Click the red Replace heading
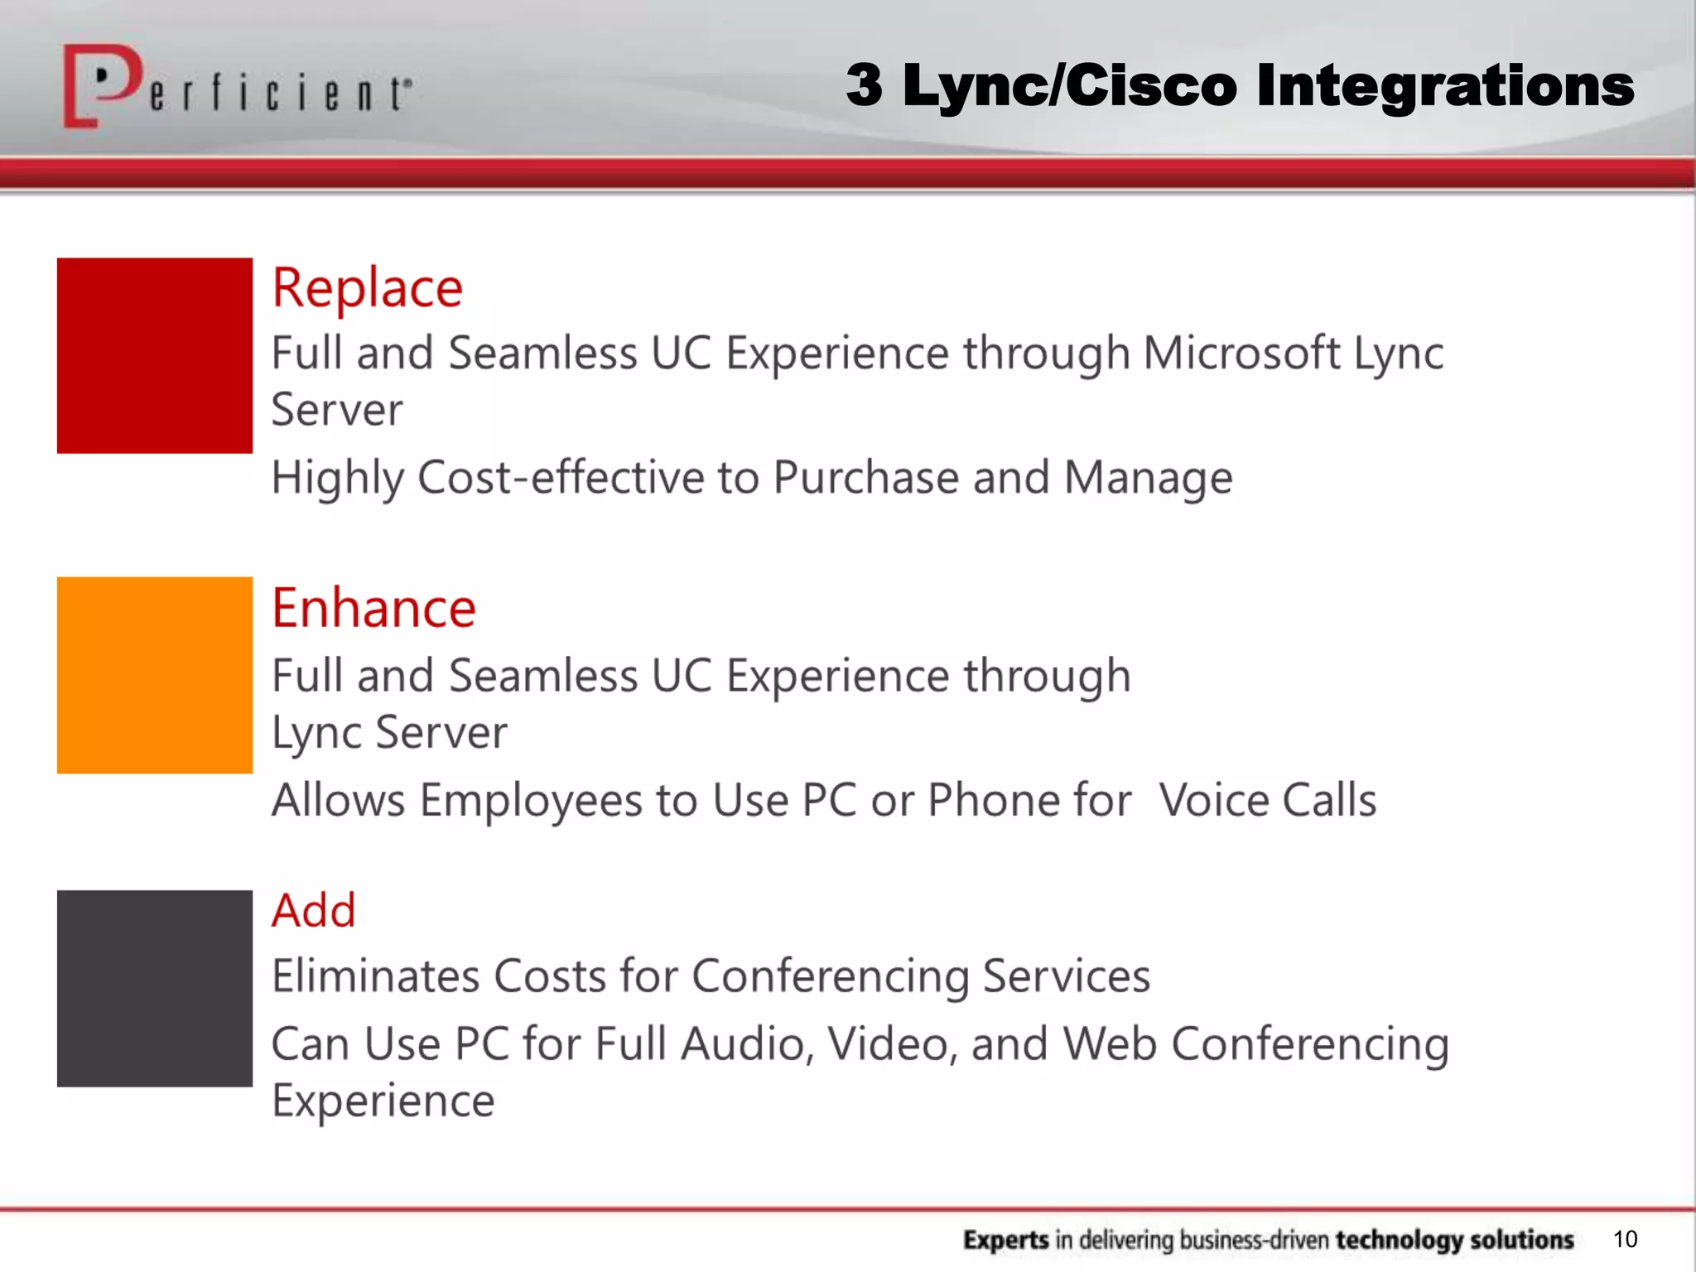click(x=367, y=289)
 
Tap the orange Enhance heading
click(x=373, y=609)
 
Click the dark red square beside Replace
click(x=155, y=355)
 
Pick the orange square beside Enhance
click(x=155, y=675)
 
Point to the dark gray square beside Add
click(x=155, y=988)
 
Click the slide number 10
click(x=1625, y=1239)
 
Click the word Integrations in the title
click(x=1444, y=86)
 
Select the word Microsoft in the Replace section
click(x=1241, y=354)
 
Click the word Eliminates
click(x=375, y=976)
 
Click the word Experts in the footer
click(x=1005, y=1240)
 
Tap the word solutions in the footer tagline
click(x=1521, y=1240)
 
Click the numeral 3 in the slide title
click(x=864, y=86)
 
